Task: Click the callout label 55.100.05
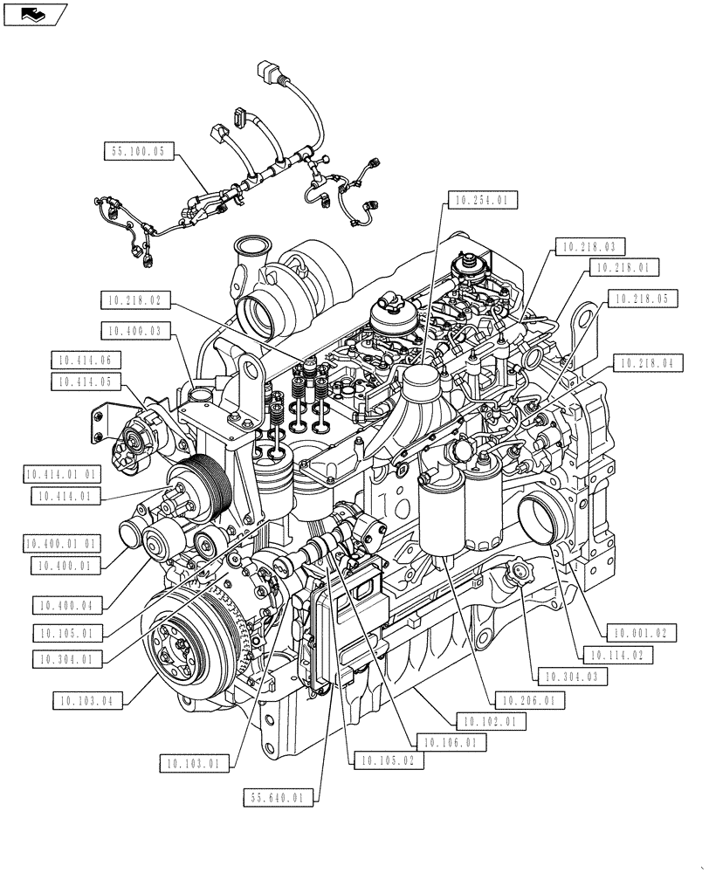139,151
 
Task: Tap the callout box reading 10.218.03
589,247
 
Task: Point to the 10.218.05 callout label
640,299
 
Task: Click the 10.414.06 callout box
86,360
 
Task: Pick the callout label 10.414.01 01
64,474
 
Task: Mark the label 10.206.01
528,699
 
